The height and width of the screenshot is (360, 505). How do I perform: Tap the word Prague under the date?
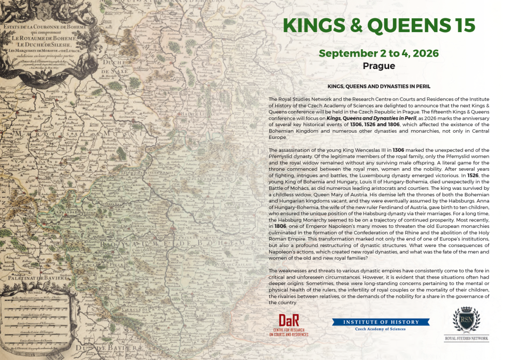379,66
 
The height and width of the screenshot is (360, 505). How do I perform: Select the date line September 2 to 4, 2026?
379,53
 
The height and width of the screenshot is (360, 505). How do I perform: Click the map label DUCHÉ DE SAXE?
112,77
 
